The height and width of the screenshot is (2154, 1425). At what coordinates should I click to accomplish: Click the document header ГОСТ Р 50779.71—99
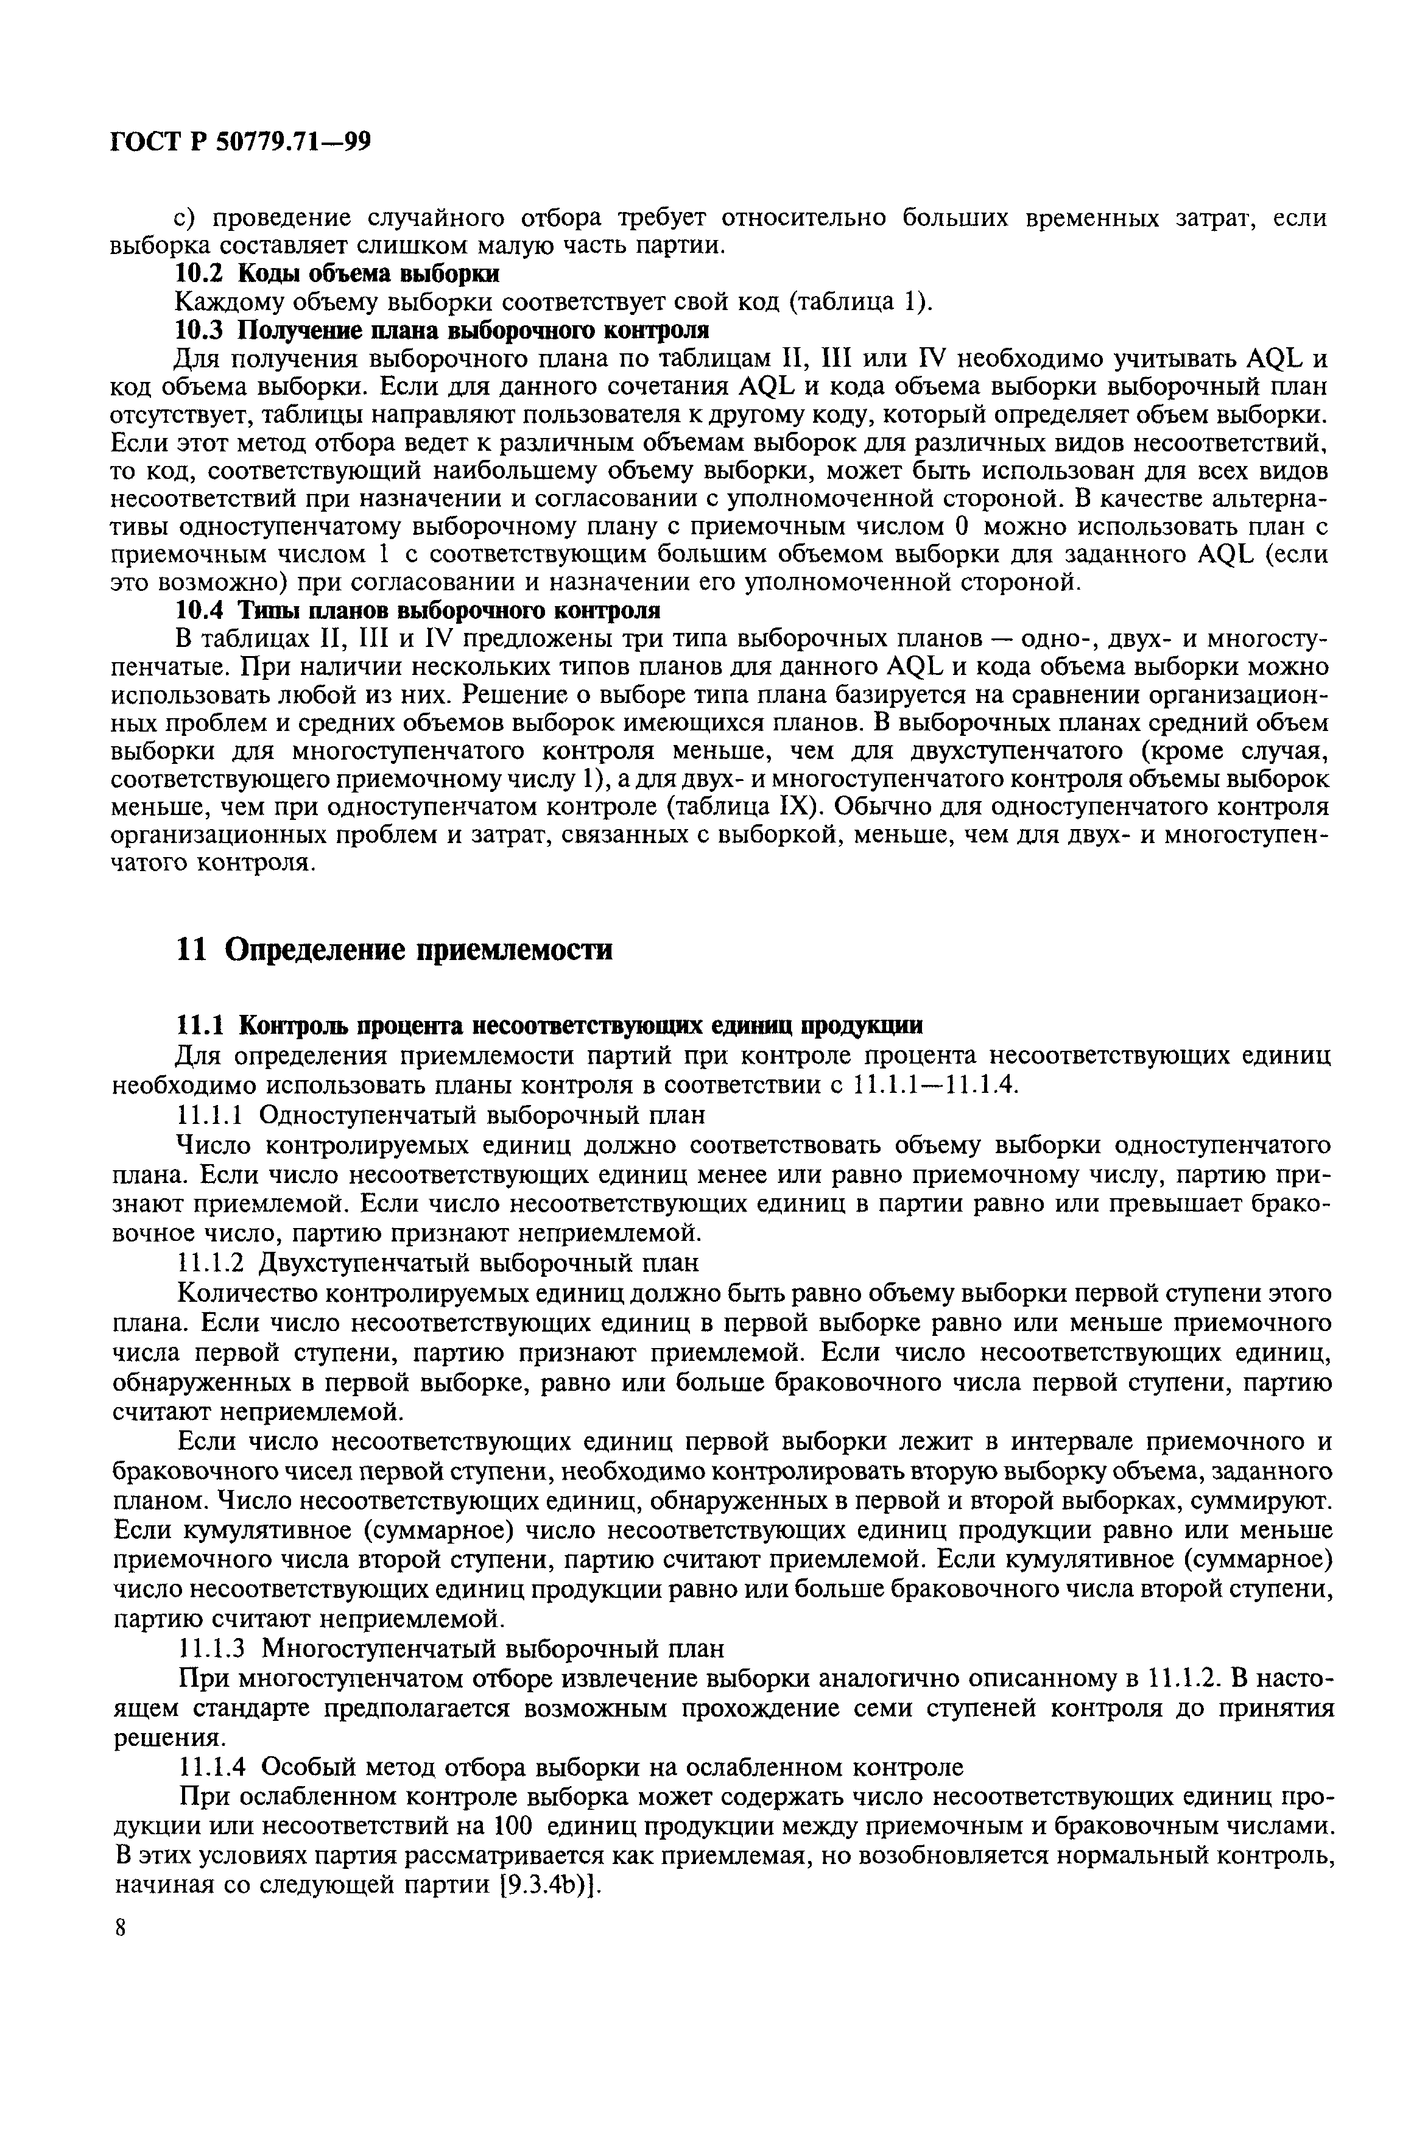click(x=240, y=142)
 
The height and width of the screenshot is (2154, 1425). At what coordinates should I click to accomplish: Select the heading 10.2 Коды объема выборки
click(x=336, y=274)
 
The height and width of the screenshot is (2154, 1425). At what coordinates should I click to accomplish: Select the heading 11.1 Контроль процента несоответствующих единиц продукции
click(x=548, y=1025)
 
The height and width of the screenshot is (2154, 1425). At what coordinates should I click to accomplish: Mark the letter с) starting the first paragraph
click(x=186, y=219)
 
